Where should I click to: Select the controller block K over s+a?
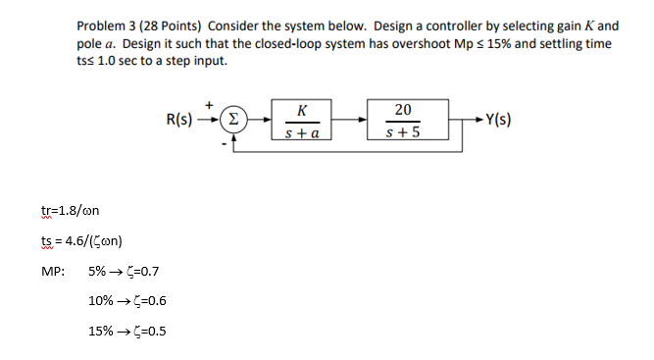pos(301,122)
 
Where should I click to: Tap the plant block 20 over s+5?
pos(404,122)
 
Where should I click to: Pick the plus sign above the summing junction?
pos(208,100)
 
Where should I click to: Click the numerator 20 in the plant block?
pos(404,110)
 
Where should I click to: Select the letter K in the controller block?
pos(301,110)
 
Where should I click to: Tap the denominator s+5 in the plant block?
pos(404,133)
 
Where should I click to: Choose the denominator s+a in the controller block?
pos(301,133)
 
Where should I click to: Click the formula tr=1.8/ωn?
pos(72,210)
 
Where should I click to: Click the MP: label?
pos(52,271)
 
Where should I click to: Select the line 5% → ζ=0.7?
pos(124,271)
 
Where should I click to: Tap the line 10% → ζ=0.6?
pos(126,300)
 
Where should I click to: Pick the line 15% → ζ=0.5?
pos(126,330)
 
